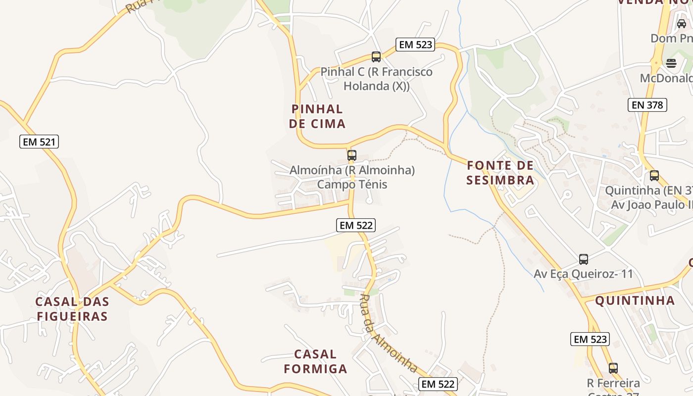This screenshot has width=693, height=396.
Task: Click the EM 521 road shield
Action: (40, 142)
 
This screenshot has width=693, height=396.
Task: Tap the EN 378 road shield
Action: (647, 105)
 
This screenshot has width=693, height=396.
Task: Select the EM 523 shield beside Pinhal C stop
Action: (416, 45)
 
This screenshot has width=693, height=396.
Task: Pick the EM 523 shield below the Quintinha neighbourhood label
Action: (590, 339)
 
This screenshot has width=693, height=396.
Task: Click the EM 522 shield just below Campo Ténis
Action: (356, 225)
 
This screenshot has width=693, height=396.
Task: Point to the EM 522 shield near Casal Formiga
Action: (438, 384)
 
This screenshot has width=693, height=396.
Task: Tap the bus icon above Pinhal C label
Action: (376, 57)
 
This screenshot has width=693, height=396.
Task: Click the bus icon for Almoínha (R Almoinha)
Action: (352, 155)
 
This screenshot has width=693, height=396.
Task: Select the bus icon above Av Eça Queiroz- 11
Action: (584, 259)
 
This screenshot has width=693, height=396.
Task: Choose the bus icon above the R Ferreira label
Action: (613, 368)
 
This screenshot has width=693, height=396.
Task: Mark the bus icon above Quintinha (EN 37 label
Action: (654, 176)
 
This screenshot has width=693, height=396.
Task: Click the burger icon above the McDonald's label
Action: (671, 63)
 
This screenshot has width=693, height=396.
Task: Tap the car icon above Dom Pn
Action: (682, 23)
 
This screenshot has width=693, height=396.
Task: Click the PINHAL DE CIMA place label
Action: (317, 116)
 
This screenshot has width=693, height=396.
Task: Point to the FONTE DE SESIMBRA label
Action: (500, 172)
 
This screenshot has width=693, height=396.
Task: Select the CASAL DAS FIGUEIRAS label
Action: (72, 309)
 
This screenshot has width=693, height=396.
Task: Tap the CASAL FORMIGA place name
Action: (315, 361)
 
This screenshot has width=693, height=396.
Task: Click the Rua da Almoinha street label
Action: (389, 333)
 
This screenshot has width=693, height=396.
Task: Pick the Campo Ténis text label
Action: (352, 185)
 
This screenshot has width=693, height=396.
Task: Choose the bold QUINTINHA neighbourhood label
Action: (635, 300)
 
